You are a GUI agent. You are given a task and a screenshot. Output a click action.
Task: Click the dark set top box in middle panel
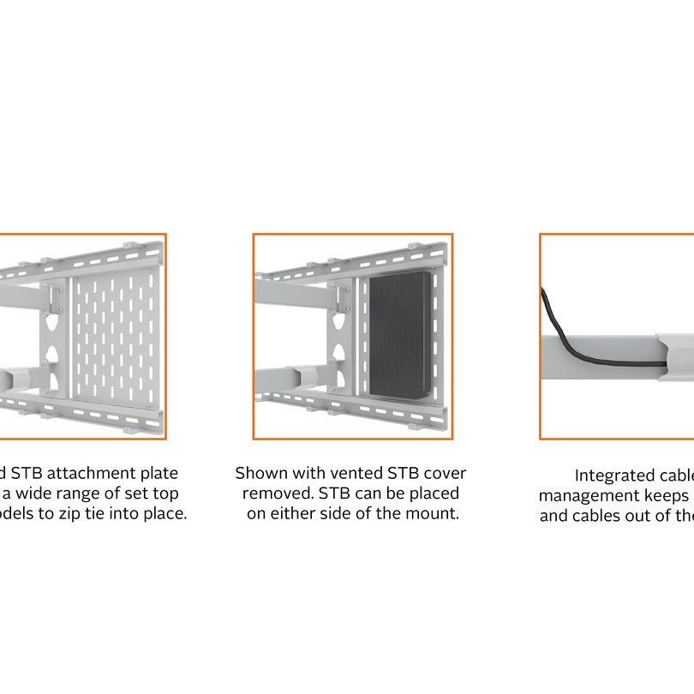click(397, 336)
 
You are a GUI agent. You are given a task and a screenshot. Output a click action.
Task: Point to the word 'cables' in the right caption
click(596, 516)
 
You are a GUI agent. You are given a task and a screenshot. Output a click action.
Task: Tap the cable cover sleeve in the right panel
click(673, 351)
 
